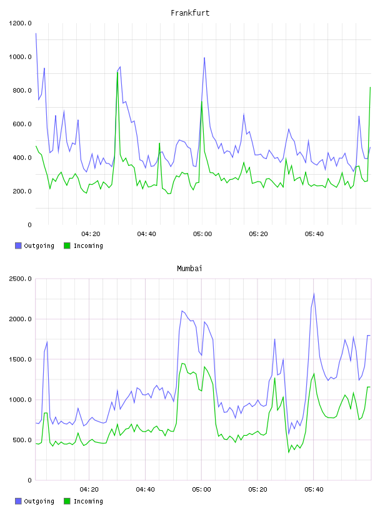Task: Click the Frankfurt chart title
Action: [x=190, y=13]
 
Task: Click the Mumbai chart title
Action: [x=189, y=269]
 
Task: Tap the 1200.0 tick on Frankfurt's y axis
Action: [x=20, y=23]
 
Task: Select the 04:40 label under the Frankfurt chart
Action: [x=146, y=234]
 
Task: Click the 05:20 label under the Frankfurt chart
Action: [x=258, y=234]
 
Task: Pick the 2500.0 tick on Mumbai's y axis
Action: [x=20, y=279]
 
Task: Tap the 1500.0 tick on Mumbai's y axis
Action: [x=20, y=359]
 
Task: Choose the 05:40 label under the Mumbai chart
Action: [x=314, y=489]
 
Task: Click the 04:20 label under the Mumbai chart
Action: [x=89, y=489]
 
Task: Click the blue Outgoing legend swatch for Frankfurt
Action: [x=18, y=245]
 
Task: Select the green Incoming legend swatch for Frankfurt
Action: [x=67, y=245]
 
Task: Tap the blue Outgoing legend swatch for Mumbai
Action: [x=18, y=501]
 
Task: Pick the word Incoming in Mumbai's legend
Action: [x=88, y=501]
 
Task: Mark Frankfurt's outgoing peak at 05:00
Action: [x=204, y=58]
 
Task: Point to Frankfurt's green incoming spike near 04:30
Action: [x=117, y=72]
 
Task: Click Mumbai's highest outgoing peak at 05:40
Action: [x=314, y=294]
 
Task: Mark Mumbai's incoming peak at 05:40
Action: [x=314, y=373]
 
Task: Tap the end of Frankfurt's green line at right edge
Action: [x=370, y=87]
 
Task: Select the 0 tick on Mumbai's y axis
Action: [x=29, y=480]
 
